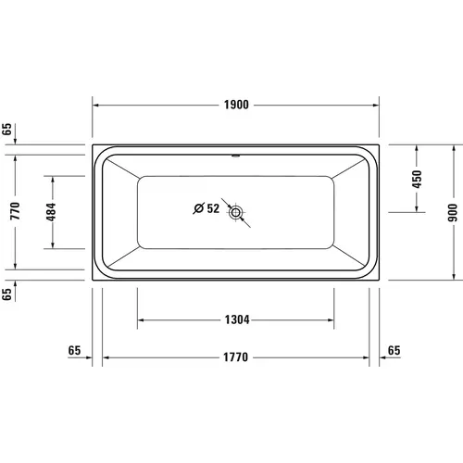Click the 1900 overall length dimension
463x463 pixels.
[x=236, y=106]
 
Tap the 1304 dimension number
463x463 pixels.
[x=236, y=320]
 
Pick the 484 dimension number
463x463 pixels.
[x=53, y=211]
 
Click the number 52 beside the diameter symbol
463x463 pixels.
[x=212, y=208]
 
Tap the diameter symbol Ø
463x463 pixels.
[x=198, y=208]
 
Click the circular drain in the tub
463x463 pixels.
[x=237, y=212]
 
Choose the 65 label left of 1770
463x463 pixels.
[x=76, y=350]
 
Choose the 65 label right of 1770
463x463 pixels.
[x=394, y=350]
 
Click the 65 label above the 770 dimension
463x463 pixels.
[x=8, y=131]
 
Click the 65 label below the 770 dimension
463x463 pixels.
[x=8, y=295]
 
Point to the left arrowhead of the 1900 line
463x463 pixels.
[x=95, y=106]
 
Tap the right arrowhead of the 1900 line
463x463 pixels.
[x=378, y=106]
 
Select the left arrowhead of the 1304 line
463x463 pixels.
[x=142, y=320]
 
